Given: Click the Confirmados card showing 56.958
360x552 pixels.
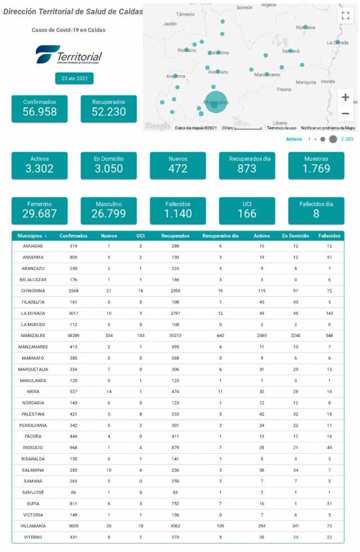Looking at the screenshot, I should point(39,108).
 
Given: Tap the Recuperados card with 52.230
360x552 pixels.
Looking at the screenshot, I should point(109,108).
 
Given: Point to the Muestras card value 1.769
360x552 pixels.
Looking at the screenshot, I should point(316,169).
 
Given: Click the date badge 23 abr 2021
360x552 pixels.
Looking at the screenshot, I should point(74,79).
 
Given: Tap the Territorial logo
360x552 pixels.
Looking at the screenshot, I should point(69,56).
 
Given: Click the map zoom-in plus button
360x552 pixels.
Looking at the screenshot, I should point(345,97).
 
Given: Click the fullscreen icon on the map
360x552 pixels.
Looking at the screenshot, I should point(345,16).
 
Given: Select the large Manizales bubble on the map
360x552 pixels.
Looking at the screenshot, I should point(215,102).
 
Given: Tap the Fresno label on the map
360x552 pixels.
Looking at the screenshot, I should point(284,89).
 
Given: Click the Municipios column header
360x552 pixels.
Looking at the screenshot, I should point(32,236).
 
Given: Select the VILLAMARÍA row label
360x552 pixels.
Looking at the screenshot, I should point(33,526).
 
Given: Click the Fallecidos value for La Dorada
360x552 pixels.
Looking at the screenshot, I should point(330,313).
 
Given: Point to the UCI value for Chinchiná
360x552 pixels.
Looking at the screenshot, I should point(141,291).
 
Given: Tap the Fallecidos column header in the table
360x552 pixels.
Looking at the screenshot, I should point(330,236).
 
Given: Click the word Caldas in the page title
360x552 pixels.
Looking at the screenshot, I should point(128,12).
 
